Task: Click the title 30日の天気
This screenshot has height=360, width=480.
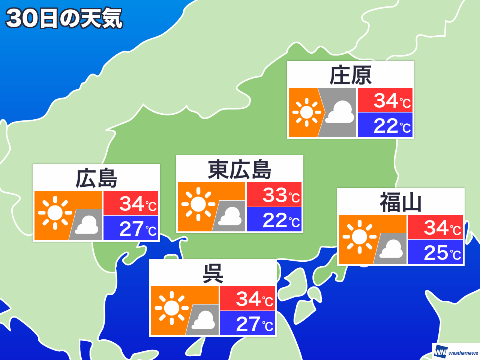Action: (64, 18)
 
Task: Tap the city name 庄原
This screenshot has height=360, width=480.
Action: (351, 75)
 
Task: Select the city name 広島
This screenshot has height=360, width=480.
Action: (96, 178)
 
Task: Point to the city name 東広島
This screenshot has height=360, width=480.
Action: (240, 169)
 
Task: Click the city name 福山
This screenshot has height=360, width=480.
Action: (401, 202)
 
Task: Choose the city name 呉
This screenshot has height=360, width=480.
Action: (213, 273)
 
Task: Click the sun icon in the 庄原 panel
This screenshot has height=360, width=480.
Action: (306, 112)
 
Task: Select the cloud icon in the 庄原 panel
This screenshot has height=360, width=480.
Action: (339, 112)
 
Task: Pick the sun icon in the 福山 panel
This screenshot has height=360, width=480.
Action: (359, 237)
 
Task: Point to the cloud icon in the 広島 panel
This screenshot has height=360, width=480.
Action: (87, 225)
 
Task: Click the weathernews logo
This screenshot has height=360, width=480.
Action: (456, 352)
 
